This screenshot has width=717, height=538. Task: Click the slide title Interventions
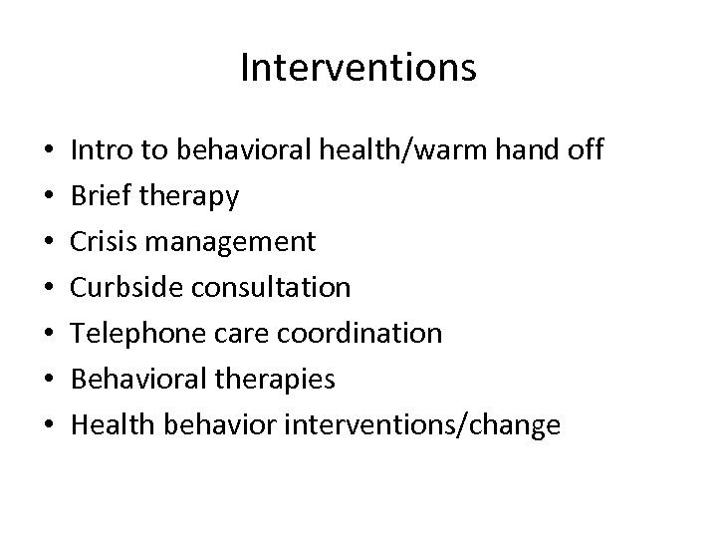(358, 68)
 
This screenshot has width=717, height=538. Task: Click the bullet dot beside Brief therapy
(49, 197)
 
